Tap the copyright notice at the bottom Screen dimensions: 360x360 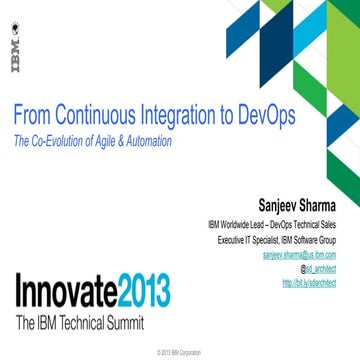point(180,353)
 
